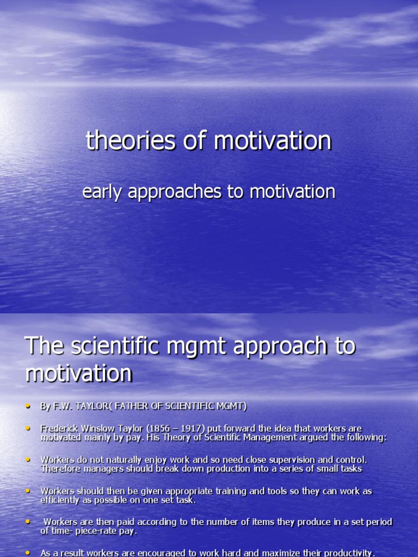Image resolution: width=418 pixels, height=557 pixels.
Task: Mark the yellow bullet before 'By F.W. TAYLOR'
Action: (x=28, y=406)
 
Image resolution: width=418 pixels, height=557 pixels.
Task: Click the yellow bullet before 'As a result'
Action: (x=28, y=553)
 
